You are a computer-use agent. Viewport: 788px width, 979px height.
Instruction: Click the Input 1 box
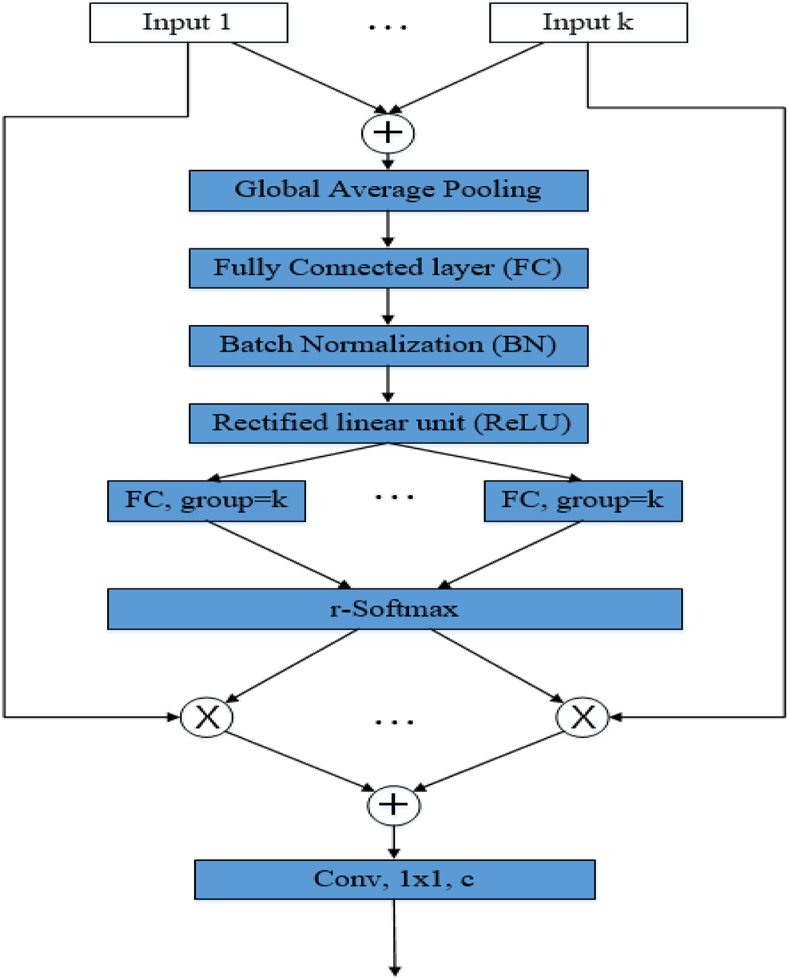point(188,22)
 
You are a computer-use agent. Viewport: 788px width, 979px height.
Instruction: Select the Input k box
point(587,22)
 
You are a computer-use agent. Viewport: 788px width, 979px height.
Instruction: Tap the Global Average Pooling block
point(388,190)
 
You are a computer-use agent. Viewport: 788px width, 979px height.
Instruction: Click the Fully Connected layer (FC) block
point(388,268)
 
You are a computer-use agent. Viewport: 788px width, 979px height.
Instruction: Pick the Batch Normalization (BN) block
point(388,345)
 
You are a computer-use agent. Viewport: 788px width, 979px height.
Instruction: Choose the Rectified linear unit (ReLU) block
point(388,422)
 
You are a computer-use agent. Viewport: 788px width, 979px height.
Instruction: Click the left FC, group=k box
point(207,501)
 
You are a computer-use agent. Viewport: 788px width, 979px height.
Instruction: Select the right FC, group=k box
point(583,501)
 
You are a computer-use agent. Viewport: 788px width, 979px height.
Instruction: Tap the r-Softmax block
point(395,609)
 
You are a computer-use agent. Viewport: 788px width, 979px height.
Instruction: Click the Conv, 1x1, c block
point(395,879)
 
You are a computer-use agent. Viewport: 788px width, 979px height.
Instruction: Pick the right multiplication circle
point(583,717)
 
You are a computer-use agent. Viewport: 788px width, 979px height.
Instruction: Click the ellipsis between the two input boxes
point(388,26)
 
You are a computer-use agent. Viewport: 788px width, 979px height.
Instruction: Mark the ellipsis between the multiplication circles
point(395,721)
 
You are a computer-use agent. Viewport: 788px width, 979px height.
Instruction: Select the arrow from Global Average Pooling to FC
point(388,228)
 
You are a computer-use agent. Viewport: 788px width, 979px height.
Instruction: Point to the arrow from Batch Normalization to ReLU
point(388,384)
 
